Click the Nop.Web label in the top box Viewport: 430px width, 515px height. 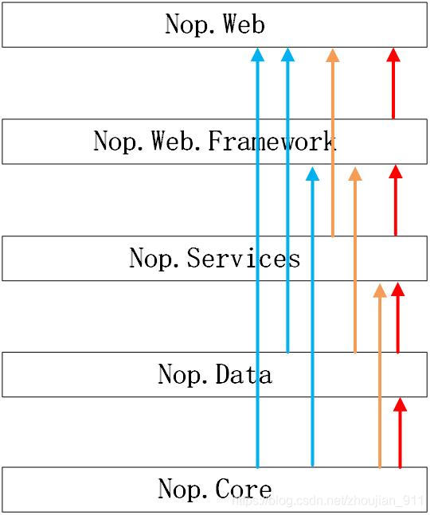coord(215,24)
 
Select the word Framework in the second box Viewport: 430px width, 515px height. coord(272,141)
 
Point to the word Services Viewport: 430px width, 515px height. coord(244,258)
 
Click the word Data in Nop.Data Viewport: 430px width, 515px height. coord(244,374)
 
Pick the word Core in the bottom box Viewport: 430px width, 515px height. coord(244,489)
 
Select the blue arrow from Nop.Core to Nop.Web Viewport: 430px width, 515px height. coord(257,258)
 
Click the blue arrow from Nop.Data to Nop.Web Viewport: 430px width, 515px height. coord(287,201)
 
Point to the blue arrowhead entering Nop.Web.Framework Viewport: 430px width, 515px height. coord(312,174)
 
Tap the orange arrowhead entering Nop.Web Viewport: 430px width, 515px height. coord(333,55)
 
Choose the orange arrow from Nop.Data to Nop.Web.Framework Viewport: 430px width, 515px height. coord(355,259)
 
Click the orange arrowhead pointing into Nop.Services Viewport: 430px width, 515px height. coord(380,291)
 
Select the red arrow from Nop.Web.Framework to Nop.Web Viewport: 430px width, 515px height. coord(393,83)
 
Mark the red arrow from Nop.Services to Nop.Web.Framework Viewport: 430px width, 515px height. coord(396,200)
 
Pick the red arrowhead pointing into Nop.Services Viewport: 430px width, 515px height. coord(398,289)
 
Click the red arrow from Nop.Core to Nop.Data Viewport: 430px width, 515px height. coord(400,432)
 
